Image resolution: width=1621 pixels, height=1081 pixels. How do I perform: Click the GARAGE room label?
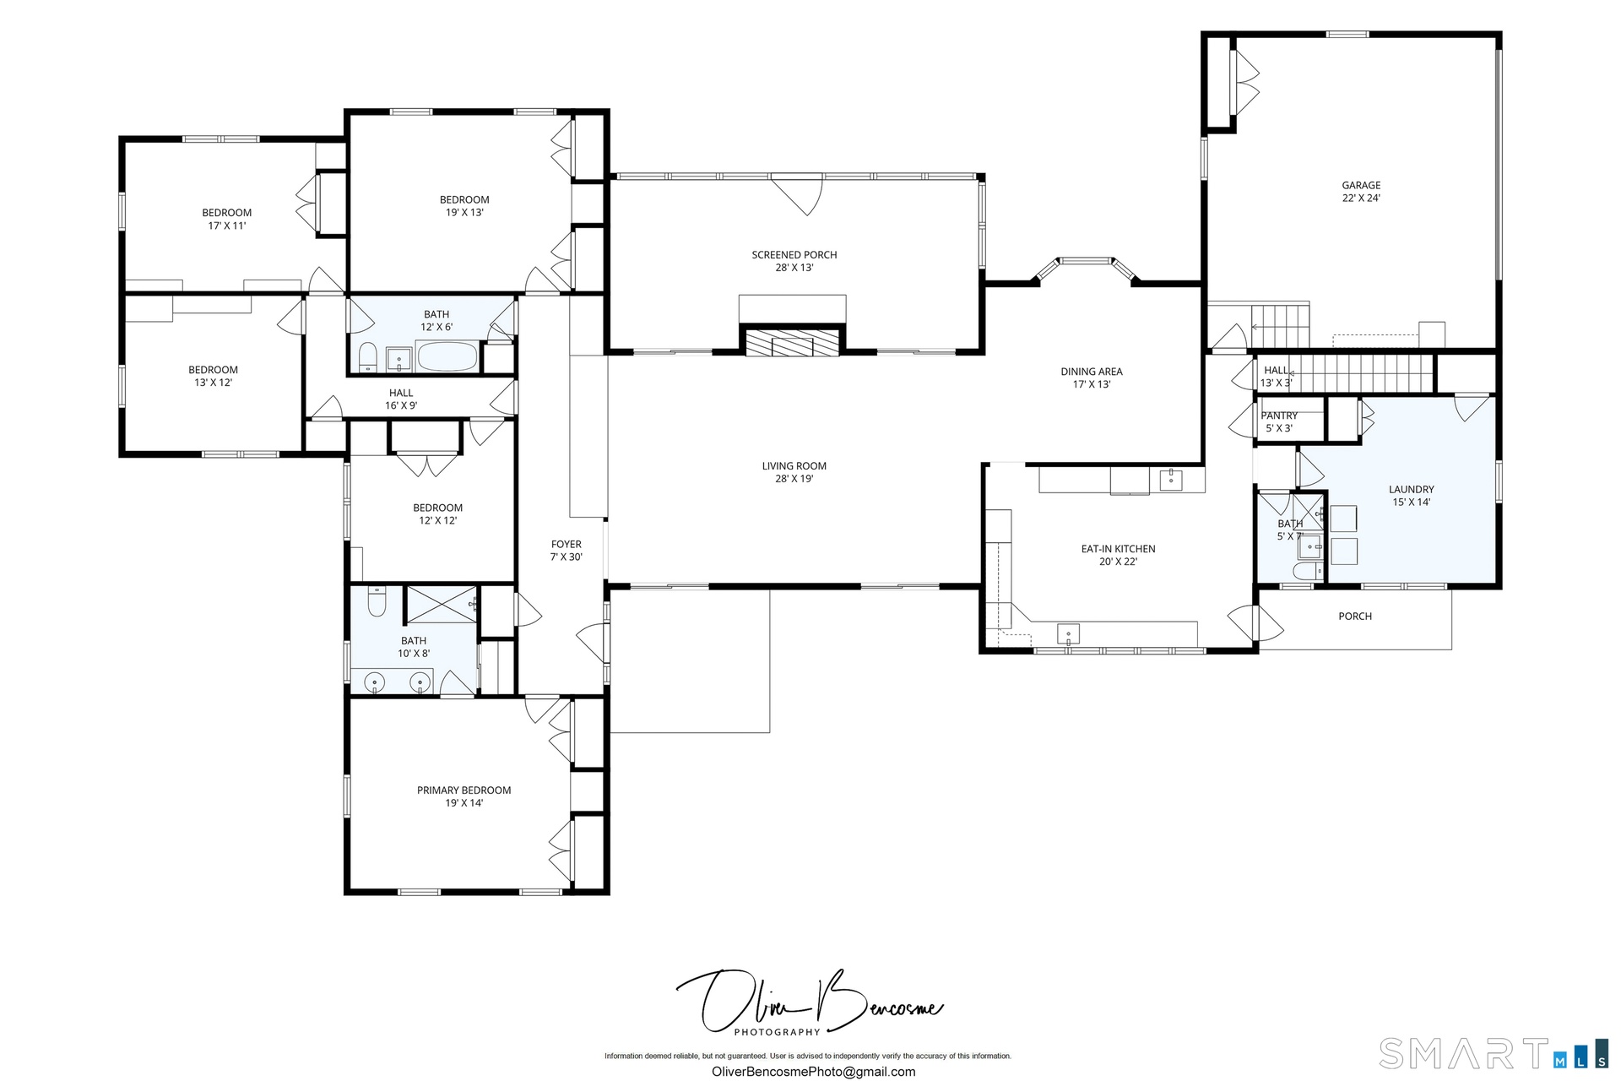[x=1361, y=185]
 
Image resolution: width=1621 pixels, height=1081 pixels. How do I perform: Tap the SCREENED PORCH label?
[x=794, y=254]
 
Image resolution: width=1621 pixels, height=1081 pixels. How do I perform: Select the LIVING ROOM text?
[x=794, y=465]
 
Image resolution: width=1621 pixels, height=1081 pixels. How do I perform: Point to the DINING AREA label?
[x=1092, y=371]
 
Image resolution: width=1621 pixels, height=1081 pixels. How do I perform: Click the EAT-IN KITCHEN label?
[x=1118, y=548]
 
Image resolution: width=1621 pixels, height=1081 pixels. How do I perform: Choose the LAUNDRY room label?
[x=1412, y=489]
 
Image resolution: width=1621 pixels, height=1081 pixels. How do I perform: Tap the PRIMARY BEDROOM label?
[x=464, y=790]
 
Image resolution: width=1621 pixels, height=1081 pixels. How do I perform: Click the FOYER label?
[x=567, y=544]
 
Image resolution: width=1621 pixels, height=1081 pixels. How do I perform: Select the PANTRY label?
[x=1279, y=416]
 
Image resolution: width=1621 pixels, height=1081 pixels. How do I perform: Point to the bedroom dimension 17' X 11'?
[x=227, y=225]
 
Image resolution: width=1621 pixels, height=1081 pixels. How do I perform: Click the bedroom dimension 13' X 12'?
[x=213, y=383]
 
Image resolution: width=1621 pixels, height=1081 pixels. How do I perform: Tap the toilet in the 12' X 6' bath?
[x=367, y=358]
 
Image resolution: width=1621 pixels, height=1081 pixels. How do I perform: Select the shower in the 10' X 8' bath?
[x=442, y=603]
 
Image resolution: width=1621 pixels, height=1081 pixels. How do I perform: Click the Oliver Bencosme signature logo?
[x=809, y=1004]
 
